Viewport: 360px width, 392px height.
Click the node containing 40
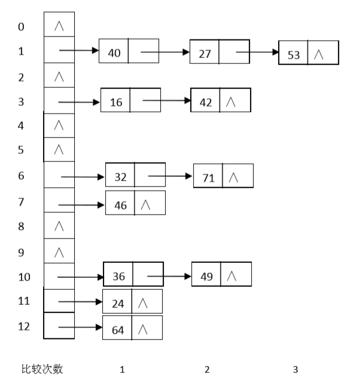coord(114,52)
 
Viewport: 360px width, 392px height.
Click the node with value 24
coord(117,302)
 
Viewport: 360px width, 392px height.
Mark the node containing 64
coord(117,329)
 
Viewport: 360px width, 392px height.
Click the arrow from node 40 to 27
coord(164,52)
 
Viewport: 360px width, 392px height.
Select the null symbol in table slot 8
coord(59,227)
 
